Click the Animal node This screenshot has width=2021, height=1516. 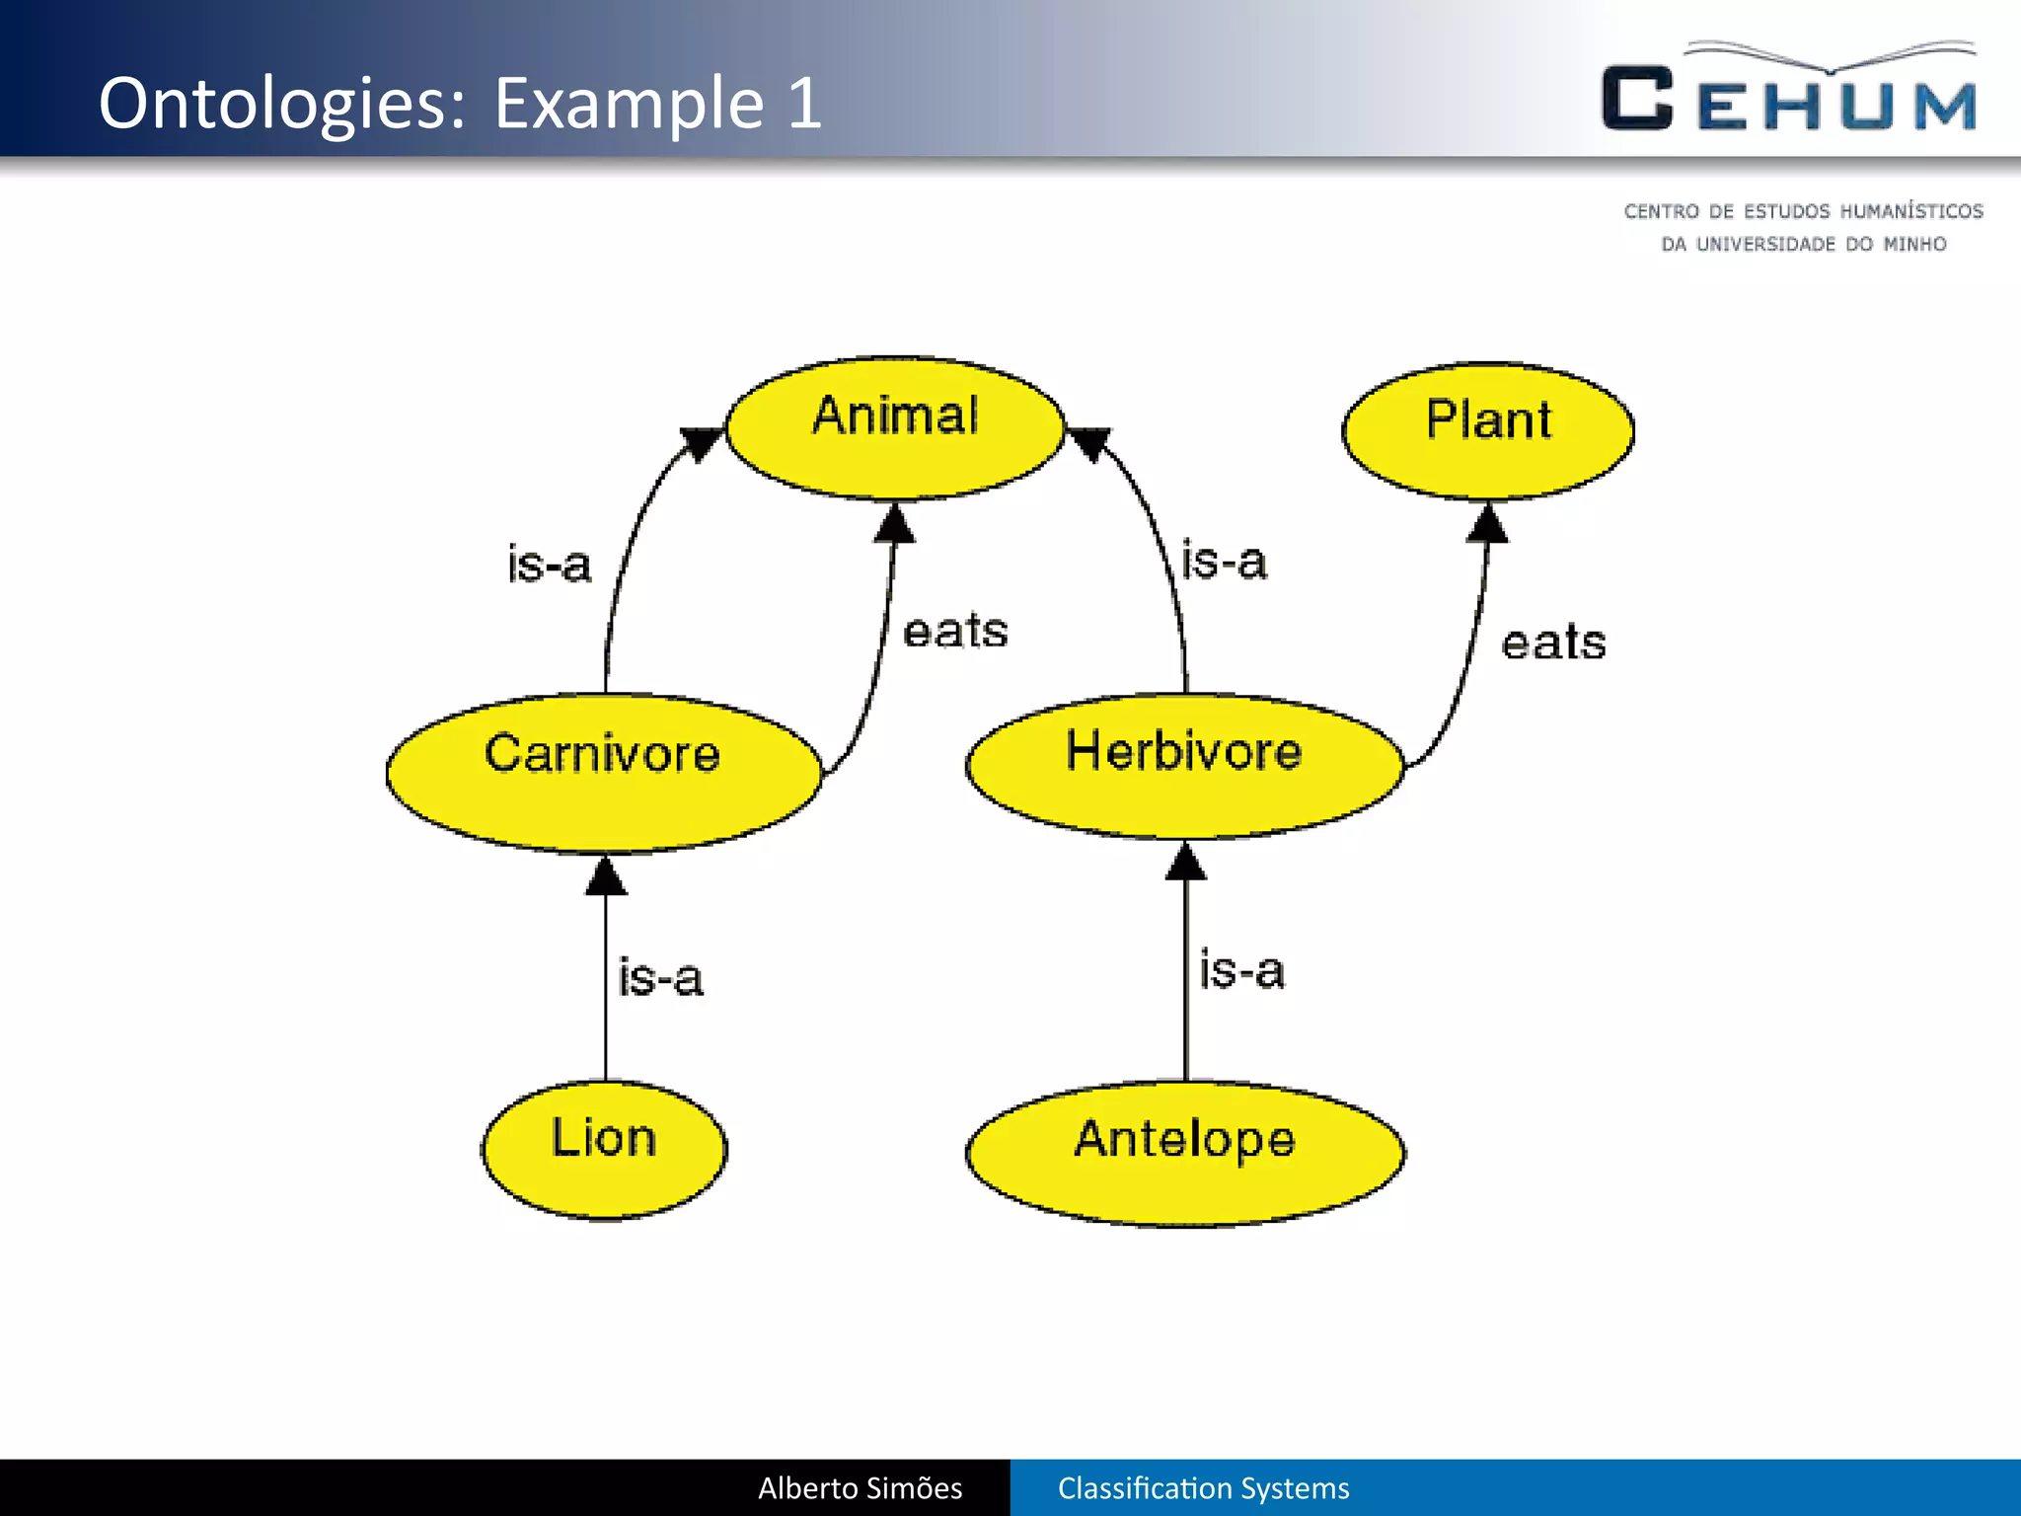[895, 427]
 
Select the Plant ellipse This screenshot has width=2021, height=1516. [1488, 430]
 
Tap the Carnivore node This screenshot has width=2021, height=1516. [603, 773]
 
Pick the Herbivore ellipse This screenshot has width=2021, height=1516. [1184, 766]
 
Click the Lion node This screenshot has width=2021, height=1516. [604, 1150]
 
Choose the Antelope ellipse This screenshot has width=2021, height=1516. [1185, 1153]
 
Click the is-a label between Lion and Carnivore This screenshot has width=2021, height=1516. [660, 977]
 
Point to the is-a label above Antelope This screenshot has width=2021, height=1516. [1241, 969]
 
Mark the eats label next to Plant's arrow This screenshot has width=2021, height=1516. [1553, 643]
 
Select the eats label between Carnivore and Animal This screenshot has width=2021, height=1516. [955, 631]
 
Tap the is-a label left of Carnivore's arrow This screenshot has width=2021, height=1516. [549, 564]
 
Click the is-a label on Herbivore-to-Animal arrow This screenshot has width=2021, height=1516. [1224, 561]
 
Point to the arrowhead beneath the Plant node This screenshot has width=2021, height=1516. [1488, 524]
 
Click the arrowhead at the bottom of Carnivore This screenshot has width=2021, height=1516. [606, 876]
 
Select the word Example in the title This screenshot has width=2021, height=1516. [629, 103]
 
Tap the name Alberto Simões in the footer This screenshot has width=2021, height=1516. [860, 1487]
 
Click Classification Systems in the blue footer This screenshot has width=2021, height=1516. [1203, 1487]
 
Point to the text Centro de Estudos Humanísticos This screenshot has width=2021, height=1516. [1803, 211]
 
